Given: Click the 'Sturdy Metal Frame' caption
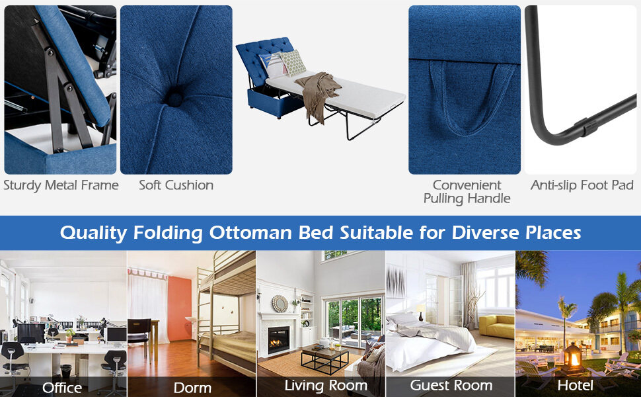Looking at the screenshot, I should pos(61,185).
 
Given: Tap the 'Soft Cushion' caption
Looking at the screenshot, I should pos(176,185).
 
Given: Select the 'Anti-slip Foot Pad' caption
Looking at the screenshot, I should pos(582,185).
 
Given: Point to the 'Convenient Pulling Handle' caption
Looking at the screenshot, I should pos(467,191).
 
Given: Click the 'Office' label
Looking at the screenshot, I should pos(62,387).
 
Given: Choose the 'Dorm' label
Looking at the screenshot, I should pos(192,387).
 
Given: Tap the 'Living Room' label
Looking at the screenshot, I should pos(326,385).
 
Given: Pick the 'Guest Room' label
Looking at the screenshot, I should pos(451,385).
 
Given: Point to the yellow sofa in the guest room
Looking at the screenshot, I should pos(496,326).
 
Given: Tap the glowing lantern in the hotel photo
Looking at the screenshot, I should pos(573,358).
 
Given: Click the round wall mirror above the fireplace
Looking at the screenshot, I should pos(280,302).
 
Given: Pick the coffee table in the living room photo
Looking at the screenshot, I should pos(325,357).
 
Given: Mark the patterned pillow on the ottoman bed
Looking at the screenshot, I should pos(291,62).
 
